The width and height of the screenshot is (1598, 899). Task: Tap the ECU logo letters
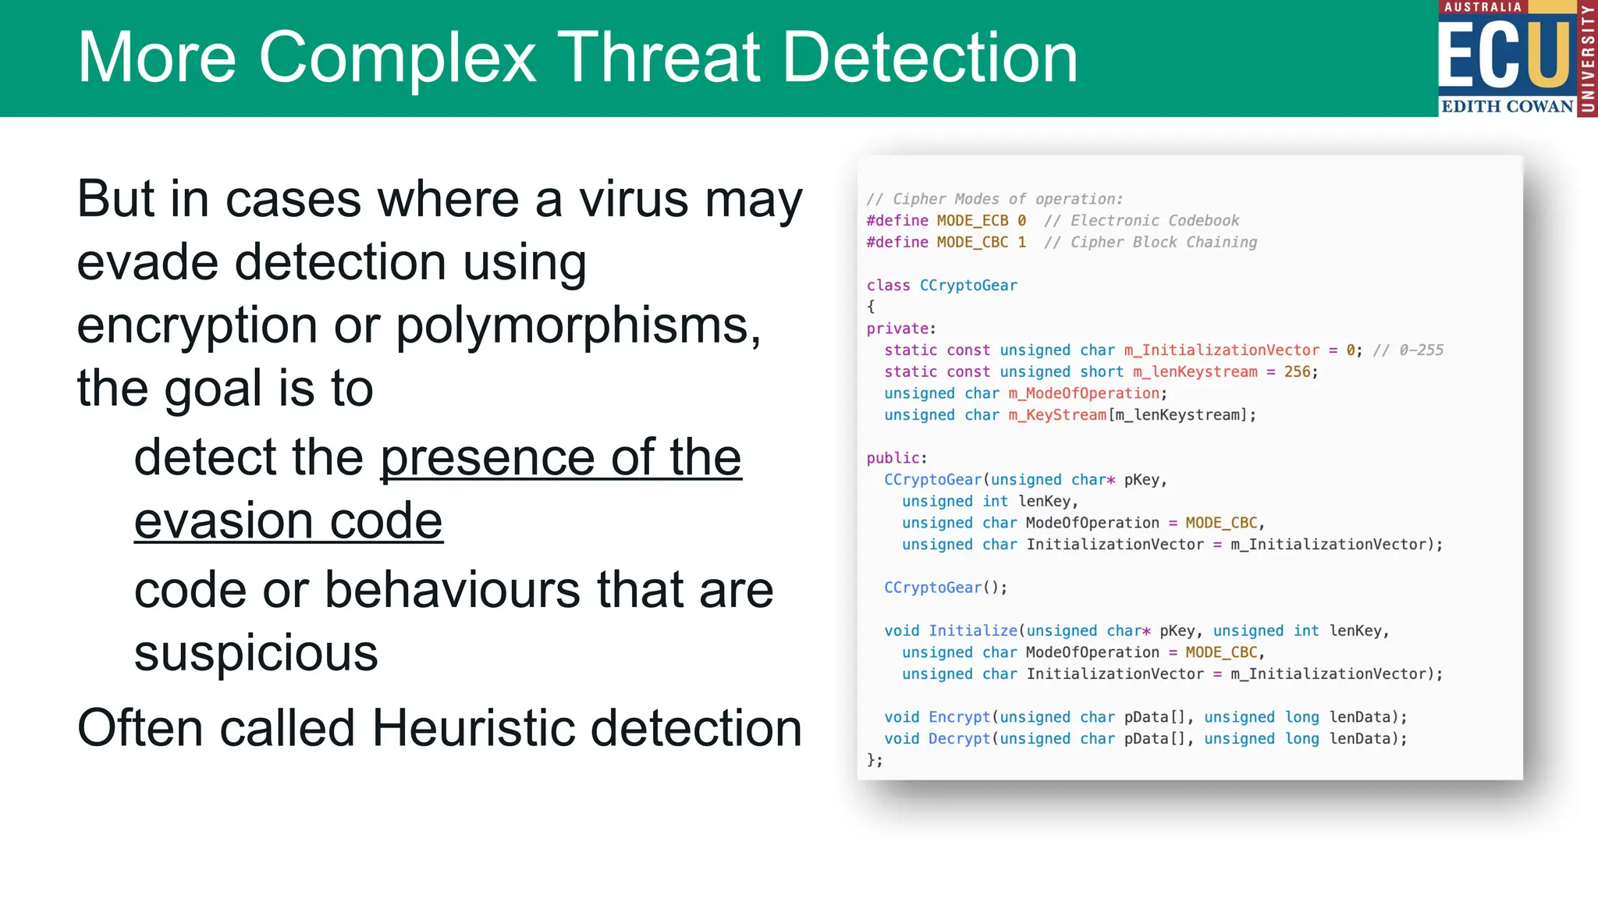[x=1504, y=55]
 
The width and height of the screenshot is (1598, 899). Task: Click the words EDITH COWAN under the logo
[x=1507, y=106]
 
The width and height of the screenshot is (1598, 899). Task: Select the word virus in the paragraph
[x=634, y=199]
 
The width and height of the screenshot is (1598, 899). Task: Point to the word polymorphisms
[x=578, y=325]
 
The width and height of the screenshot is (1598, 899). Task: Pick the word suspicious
[x=256, y=653]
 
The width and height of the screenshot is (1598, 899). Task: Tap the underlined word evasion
[x=224, y=521]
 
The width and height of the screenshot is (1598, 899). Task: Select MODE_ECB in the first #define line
[x=972, y=221]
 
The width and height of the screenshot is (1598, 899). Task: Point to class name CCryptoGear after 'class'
[x=968, y=286]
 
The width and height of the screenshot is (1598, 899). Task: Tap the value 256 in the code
[x=1298, y=372]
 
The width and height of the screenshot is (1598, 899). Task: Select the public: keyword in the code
[x=897, y=458]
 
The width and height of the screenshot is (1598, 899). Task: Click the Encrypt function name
[x=959, y=717]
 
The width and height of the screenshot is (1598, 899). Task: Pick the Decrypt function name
[x=959, y=739]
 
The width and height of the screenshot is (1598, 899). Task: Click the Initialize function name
[x=973, y=631]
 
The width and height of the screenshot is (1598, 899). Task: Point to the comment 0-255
[x=1421, y=350]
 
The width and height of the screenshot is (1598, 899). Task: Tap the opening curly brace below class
[x=871, y=307]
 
